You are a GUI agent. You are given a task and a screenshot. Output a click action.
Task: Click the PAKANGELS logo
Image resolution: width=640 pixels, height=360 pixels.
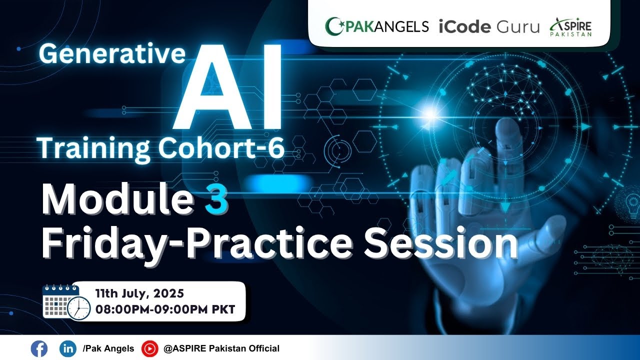click(x=376, y=26)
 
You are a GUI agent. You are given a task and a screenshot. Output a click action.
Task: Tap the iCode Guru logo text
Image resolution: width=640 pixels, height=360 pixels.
click(x=489, y=26)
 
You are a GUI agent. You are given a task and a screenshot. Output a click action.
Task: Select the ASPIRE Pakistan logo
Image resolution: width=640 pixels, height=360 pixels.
click(x=571, y=26)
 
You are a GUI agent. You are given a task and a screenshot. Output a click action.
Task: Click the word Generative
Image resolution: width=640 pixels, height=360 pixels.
click(x=112, y=53)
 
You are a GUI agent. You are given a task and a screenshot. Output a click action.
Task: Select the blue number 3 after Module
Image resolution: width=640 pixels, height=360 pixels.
click(x=216, y=200)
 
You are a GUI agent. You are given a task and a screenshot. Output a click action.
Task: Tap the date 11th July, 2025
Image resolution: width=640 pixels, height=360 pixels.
click(x=139, y=293)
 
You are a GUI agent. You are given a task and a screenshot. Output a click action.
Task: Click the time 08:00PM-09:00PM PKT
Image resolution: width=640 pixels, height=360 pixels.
click(x=165, y=309)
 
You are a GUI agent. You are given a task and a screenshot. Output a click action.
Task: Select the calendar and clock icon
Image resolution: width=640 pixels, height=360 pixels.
click(x=65, y=301)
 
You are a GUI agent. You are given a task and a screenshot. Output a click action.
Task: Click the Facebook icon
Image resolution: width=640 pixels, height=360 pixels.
click(x=38, y=348)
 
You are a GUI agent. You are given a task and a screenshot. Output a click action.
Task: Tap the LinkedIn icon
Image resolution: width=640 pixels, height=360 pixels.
click(x=67, y=348)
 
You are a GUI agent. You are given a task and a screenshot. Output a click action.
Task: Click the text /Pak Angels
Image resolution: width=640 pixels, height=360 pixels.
click(x=109, y=348)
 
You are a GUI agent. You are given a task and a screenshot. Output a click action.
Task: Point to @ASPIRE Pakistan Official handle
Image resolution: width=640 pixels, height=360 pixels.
click(x=221, y=348)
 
